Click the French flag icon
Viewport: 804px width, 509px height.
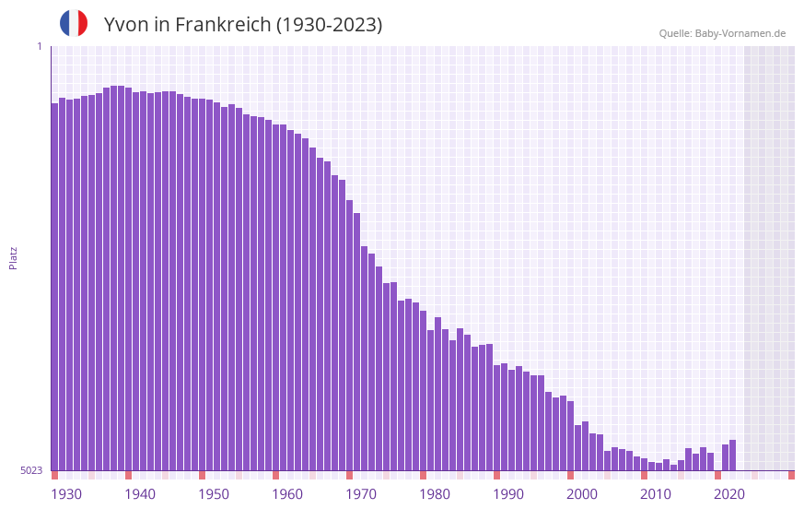click(74, 23)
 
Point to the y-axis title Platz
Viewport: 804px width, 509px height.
click(13, 257)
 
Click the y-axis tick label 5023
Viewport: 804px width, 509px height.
click(31, 470)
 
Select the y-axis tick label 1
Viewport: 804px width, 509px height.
click(39, 46)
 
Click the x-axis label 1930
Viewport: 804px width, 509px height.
click(66, 494)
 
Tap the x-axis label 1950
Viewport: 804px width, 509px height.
click(214, 494)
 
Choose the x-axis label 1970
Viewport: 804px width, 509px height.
click(361, 494)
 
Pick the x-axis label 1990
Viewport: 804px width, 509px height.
click(508, 494)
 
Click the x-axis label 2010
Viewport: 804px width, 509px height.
click(656, 494)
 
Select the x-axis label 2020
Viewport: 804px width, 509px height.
click(729, 494)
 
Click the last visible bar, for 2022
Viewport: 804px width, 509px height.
click(733, 456)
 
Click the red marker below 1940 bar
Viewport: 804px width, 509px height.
click(129, 475)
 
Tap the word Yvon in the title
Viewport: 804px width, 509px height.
click(125, 25)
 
